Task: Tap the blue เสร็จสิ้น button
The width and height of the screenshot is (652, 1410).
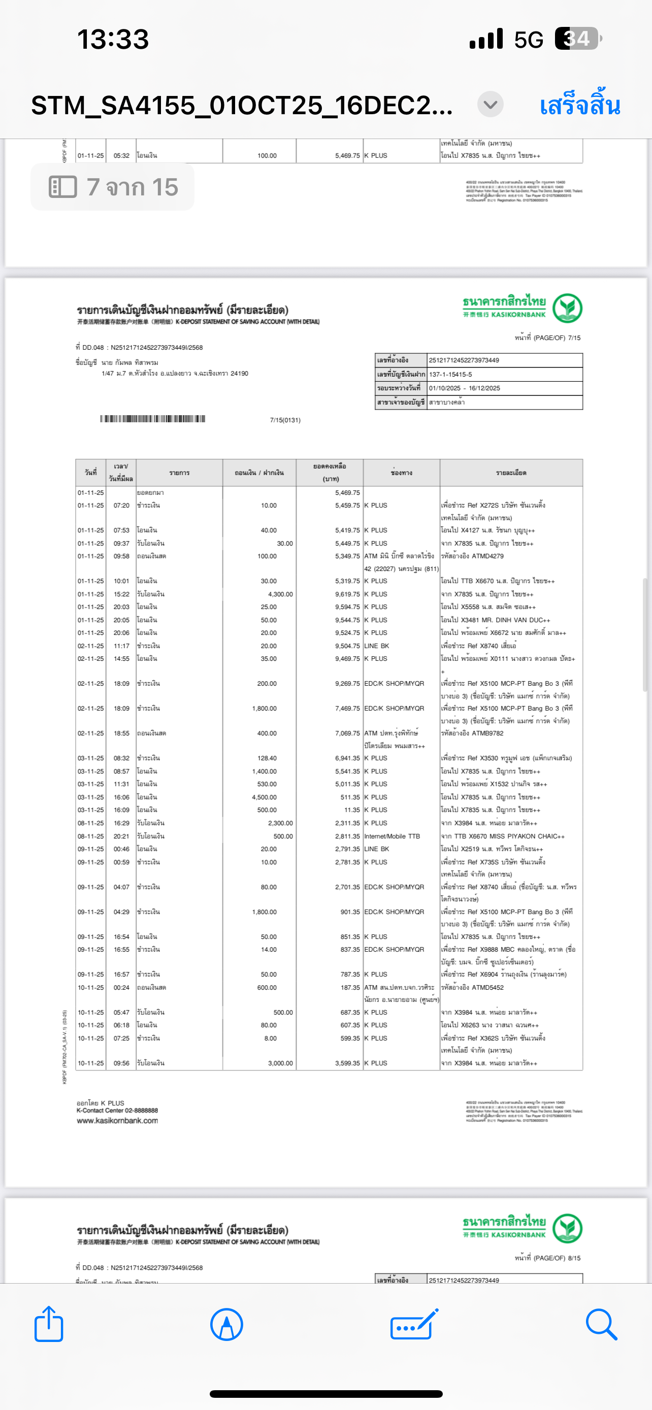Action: tap(580, 105)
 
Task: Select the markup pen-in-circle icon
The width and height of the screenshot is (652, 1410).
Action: tap(226, 1324)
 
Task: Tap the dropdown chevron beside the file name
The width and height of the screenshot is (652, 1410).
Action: tap(490, 104)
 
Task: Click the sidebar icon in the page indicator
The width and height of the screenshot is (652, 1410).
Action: tap(62, 187)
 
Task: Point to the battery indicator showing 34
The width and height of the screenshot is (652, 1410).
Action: tap(578, 39)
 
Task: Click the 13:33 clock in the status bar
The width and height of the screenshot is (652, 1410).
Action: tap(113, 40)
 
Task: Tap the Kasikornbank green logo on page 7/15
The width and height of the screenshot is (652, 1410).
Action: tap(567, 308)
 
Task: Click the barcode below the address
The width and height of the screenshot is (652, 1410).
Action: tap(153, 419)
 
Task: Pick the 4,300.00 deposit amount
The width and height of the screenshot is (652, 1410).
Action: tap(280, 594)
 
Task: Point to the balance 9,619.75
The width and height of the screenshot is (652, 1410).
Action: tap(348, 594)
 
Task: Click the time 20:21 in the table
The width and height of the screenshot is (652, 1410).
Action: tap(121, 836)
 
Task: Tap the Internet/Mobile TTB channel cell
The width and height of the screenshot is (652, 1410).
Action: tap(392, 836)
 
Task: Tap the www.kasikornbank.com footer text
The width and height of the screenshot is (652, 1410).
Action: tap(117, 1121)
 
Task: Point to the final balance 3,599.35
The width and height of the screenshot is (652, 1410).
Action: tap(348, 1063)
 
